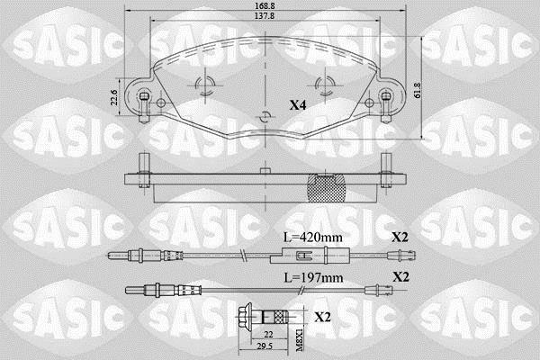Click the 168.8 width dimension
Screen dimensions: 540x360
[265, 6]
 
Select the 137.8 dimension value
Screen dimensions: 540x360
[265, 15]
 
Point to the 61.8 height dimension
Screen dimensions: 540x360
[418, 90]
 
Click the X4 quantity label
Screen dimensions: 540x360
[298, 105]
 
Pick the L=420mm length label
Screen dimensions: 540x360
[312, 237]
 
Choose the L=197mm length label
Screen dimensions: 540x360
[313, 277]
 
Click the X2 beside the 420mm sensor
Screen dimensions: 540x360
[400, 237]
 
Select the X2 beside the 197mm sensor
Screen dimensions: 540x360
[400, 276]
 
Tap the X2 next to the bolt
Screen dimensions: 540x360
[322, 317]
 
